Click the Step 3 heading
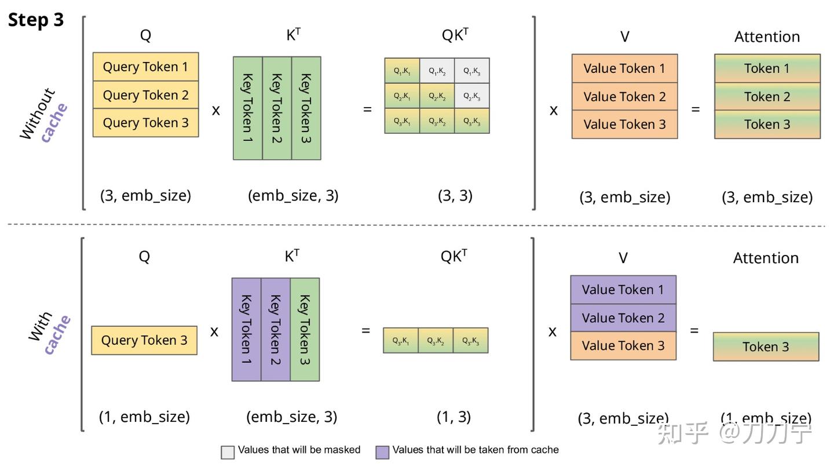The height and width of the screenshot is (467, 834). (x=36, y=20)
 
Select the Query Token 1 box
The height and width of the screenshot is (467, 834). (x=145, y=67)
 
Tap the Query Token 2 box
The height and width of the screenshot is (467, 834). (x=145, y=95)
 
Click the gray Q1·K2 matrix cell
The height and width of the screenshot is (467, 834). (x=437, y=71)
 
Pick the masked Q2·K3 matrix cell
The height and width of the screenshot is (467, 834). (x=471, y=96)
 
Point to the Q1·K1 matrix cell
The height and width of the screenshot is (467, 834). (x=402, y=71)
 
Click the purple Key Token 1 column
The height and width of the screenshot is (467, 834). (x=246, y=329)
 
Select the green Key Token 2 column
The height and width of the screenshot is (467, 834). (x=277, y=108)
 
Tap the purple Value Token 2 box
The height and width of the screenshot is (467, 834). (x=623, y=318)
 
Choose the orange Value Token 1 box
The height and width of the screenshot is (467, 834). (x=624, y=68)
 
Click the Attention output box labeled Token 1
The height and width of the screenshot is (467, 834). (x=767, y=68)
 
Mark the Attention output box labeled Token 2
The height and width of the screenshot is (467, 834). (x=767, y=96)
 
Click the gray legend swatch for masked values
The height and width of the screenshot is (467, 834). (x=228, y=452)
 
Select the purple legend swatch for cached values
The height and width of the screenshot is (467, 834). (x=382, y=452)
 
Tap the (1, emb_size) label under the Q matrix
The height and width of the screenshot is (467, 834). (x=144, y=417)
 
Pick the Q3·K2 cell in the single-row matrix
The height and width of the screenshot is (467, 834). (x=436, y=341)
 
